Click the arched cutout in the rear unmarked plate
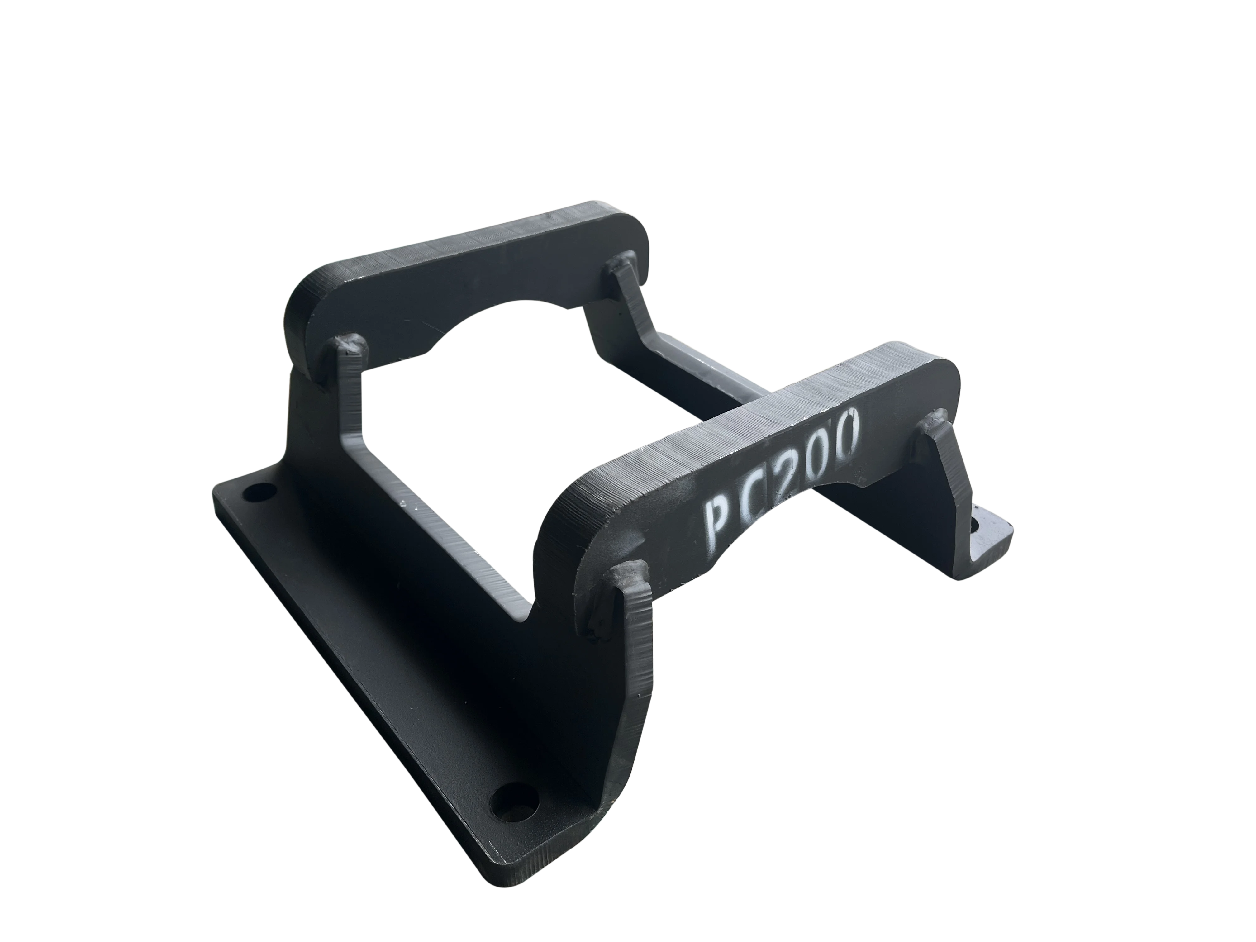pos(505,329)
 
